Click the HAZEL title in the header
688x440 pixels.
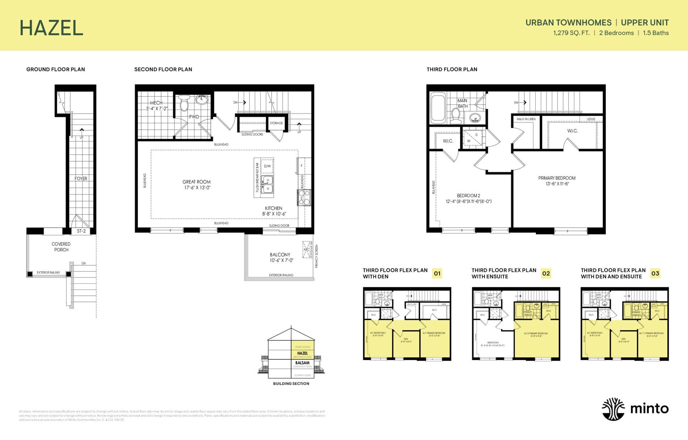click(51, 28)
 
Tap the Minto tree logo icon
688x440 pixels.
click(613, 409)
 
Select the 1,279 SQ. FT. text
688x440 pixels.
click(571, 33)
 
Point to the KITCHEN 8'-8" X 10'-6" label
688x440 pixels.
click(274, 211)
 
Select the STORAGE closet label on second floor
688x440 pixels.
click(276, 123)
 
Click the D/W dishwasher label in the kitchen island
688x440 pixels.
click(267, 166)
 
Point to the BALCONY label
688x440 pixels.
click(280, 255)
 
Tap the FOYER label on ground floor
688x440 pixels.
click(81, 179)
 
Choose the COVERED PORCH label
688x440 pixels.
click(61, 247)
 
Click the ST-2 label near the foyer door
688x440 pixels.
click(81, 231)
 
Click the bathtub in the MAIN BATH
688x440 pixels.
click(438, 108)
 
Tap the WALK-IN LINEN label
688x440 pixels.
click(526, 119)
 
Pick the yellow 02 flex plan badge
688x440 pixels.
click(546, 273)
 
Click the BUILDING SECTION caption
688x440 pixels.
click(291, 383)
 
